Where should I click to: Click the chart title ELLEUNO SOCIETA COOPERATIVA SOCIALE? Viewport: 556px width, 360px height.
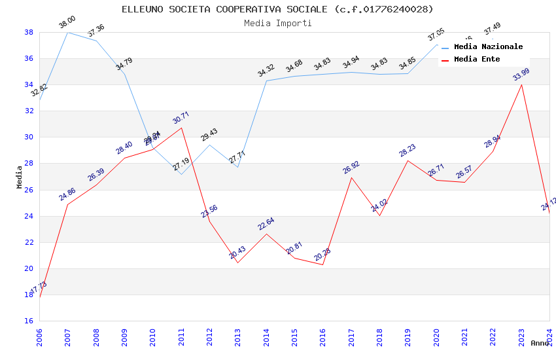(x=277, y=9)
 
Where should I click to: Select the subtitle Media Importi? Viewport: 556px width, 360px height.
(x=277, y=23)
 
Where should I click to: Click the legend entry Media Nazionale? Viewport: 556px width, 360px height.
(x=488, y=46)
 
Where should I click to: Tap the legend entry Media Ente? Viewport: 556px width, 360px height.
(x=477, y=59)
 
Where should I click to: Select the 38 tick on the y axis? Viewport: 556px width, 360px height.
(x=29, y=32)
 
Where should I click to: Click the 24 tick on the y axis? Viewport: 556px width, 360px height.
(x=29, y=216)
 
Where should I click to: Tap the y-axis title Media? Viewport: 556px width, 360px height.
(x=20, y=177)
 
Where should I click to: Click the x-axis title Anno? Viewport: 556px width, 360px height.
(x=540, y=343)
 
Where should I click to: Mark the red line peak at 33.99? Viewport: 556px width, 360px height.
(x=521, y=84)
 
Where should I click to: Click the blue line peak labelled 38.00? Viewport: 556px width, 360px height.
(x=68, y=32)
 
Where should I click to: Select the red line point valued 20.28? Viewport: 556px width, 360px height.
(x=322, y=264)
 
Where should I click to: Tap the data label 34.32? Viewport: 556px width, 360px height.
(x=266, y=71)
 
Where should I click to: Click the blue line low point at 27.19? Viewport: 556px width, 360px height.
(x=181, y=174)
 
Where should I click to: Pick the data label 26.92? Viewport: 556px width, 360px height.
(x=351, y=168)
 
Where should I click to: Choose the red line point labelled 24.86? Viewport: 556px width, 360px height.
(x=68, y=204)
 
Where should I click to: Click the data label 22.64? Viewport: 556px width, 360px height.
(x=266, y=224)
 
